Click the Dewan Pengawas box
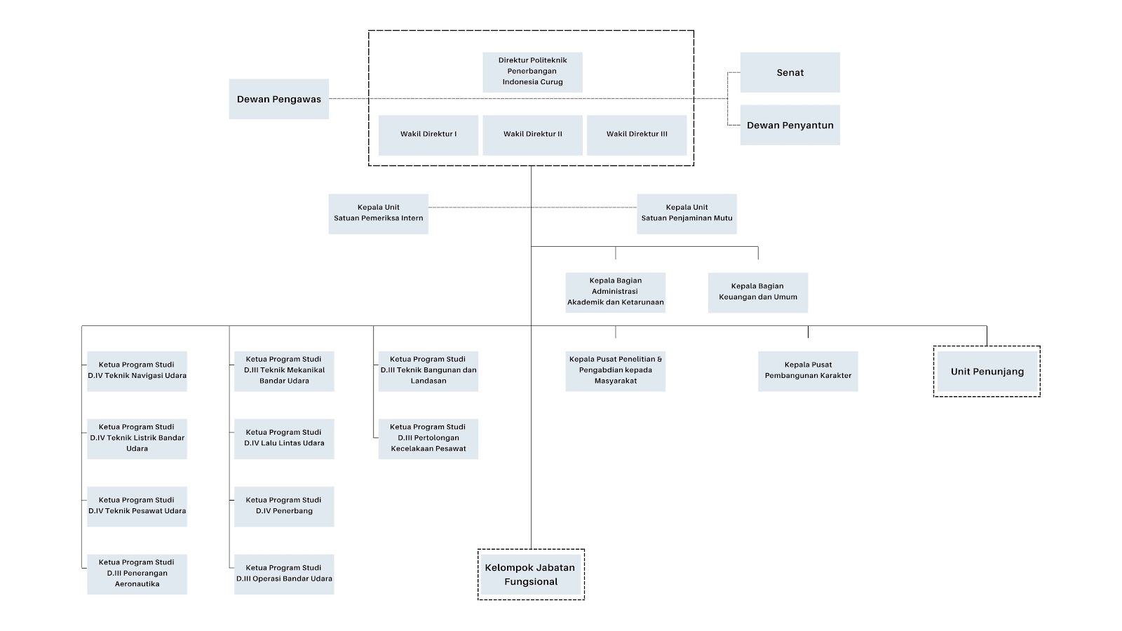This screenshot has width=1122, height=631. tap(279, 99)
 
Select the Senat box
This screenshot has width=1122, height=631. tap(790, 72)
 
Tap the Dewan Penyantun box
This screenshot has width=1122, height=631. tap(790, 125)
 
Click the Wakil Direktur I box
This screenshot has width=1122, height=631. tap(428, 135)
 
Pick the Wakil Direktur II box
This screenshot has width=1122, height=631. tap(532, 135)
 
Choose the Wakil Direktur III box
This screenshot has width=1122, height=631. tap(637, 135)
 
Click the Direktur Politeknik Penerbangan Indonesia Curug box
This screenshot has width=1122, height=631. tap(532, 72)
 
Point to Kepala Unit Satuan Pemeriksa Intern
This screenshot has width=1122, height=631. tap(378, 214)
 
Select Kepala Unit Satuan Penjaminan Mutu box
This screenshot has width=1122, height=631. tap(687, 214)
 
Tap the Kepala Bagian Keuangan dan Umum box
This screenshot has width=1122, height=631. tap(758, 292)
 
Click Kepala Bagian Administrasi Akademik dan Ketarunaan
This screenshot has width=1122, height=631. tap(616, 292)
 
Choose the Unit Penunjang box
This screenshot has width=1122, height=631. tap(987, 371)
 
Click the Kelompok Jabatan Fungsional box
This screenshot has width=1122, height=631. tap(531, 574)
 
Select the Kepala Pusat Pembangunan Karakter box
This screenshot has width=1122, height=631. tap(808, 371)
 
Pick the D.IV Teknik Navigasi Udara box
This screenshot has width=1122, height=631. tap(137, 371)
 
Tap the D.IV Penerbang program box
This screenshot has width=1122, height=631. tap(284, 506)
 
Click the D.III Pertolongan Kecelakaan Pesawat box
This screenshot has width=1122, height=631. tap(428, 439)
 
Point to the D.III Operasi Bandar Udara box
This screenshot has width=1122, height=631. tap(284, 574)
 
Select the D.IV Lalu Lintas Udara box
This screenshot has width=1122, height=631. tap(284, 439)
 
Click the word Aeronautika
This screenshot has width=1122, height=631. tap(137, 584)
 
